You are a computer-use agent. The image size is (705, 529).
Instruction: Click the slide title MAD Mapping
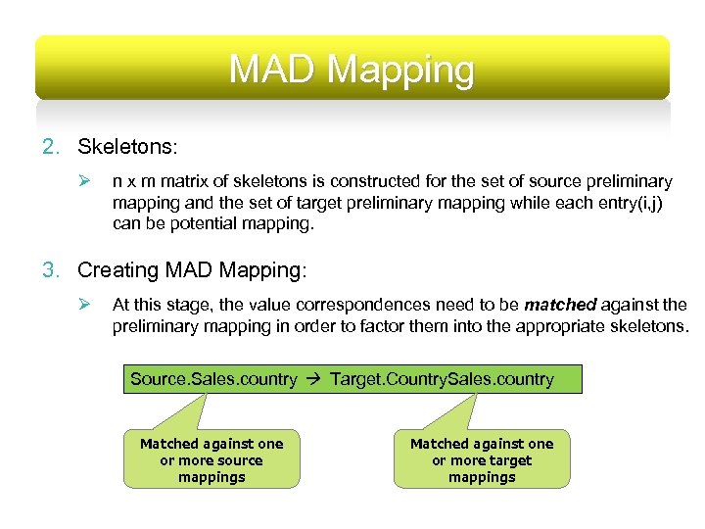click(352, 70)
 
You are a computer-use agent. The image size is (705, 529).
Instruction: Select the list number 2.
click(50, 147)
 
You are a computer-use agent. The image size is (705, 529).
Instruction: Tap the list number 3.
click(50, 269)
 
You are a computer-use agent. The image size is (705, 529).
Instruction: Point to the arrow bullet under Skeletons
click(84, 182)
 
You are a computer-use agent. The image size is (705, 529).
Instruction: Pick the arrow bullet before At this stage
click(84, 305)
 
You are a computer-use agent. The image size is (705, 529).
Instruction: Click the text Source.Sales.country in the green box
click(213, 379)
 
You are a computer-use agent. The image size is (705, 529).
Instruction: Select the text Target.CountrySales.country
click(442, 379)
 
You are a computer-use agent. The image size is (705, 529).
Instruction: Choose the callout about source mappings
click(211, 460)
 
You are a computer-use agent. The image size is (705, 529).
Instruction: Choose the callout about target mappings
click(481, 460)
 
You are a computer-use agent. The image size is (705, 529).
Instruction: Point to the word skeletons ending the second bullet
click(649, 325)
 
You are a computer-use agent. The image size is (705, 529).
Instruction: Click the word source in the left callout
click(239, 460)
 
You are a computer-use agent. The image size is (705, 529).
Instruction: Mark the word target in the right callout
click(510, 460)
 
